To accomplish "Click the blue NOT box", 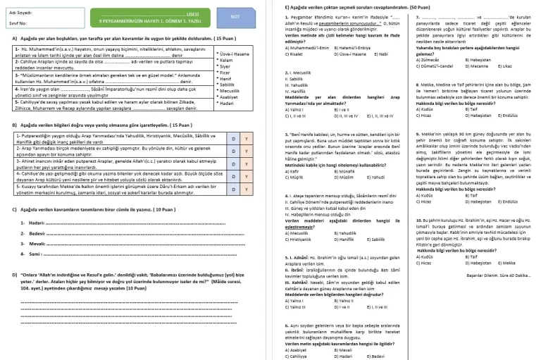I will click(235, 17).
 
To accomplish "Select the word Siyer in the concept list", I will click(226, 65).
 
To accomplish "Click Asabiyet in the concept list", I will click(230, 97).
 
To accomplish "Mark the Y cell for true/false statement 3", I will click(246, 159).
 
